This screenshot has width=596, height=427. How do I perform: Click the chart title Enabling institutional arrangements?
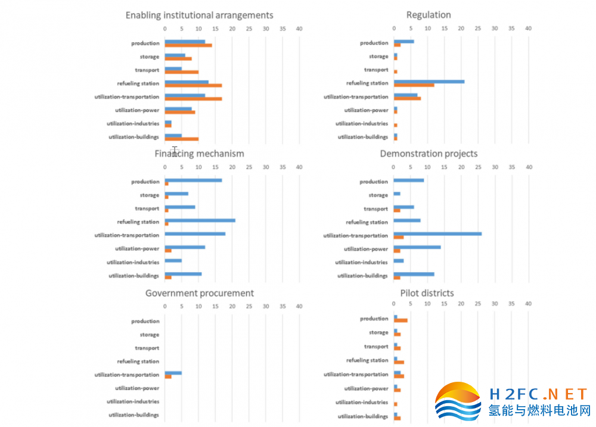click(199, 15)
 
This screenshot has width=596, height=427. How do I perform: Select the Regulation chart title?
click(429, 15)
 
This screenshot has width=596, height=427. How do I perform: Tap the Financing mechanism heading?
click(199, 154)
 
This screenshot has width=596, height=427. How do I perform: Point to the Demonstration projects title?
click(429, 154)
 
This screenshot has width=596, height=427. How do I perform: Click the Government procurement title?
click(199, 293)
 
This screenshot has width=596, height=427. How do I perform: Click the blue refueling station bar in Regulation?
click(429, 82)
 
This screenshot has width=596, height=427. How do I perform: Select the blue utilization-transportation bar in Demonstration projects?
click(437, 234)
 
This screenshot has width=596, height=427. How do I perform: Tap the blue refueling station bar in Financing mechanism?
click(200, 220)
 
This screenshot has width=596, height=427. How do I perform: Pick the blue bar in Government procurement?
click(173, 373)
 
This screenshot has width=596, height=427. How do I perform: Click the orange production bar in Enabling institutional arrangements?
click(188, 45)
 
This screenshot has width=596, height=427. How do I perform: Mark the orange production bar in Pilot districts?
click(401, 320)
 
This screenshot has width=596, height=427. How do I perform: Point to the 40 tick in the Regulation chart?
click(527, 28)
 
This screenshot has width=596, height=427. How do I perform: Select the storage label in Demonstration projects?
click(378, 195)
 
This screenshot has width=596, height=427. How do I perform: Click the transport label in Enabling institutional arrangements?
click(147, 70)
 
